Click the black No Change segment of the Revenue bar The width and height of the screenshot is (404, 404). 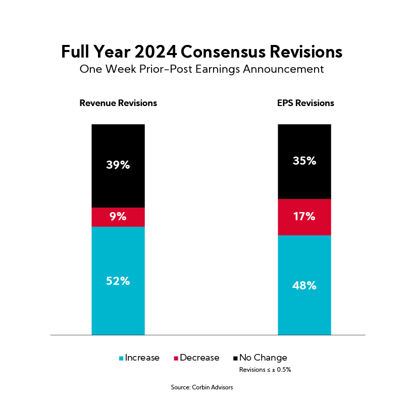118,146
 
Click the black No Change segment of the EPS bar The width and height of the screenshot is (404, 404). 305,141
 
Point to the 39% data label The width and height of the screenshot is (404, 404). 118,165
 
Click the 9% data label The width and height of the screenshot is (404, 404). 118,217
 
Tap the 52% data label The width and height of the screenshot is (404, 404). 118,281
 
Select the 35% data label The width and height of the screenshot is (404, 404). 305,161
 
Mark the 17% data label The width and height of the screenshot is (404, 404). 305,217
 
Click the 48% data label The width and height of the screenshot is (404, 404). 305,285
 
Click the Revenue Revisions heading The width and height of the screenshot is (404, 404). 118,103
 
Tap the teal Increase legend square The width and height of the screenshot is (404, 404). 121,358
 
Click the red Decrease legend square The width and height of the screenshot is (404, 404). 176,358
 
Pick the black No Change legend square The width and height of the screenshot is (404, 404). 236,358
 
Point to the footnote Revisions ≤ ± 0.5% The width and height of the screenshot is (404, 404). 265,370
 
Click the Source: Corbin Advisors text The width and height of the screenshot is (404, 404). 202,388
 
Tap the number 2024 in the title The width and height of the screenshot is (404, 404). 156,52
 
